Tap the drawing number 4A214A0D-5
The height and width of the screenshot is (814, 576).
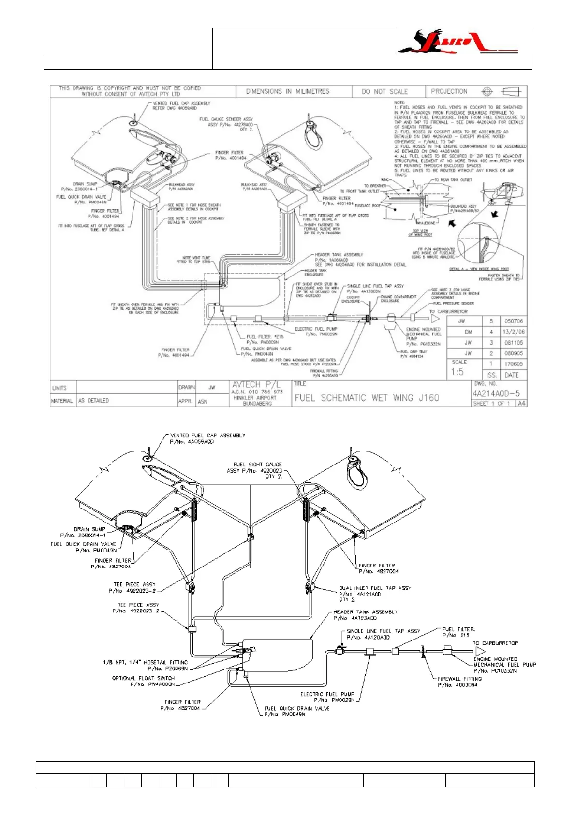click(x=496, y=393)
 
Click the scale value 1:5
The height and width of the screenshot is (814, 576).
click(x=457, y=372)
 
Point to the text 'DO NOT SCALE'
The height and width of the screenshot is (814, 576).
click(x=384, y=91)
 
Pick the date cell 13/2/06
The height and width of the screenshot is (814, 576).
click(x=513, y=332)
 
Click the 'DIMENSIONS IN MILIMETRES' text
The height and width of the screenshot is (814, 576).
click(x=287, y=91)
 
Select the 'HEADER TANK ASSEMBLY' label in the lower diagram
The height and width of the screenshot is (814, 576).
click(x=365, y=612)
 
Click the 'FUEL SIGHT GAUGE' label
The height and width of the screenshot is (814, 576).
click(x=257, y=465)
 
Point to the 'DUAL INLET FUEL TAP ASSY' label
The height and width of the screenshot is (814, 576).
click(x=375, y=588)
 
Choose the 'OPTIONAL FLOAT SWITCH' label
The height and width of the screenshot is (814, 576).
click(x=143, y=678)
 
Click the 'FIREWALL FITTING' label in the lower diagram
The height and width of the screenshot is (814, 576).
click(x=459, y=679)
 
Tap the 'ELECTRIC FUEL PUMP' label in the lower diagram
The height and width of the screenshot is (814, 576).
click(x=327, y=694)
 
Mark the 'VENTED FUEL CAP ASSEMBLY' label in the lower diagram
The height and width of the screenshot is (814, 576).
click(x=207, y=436)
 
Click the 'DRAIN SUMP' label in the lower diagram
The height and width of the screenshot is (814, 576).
click(x=89, y=529)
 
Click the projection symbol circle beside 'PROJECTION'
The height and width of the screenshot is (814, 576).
click(x=487, y=91)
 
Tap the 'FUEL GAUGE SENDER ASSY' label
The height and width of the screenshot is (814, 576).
click(x=226, y=119)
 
